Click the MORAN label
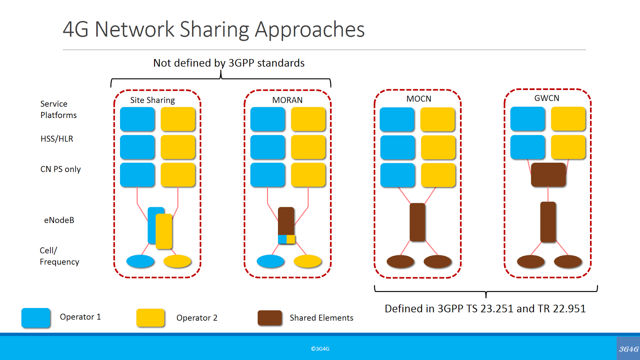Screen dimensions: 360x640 click(287, 100)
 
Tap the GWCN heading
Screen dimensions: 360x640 click(546, 98)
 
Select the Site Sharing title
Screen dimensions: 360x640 click(152, 100)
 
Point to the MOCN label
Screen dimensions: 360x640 click(418, 99)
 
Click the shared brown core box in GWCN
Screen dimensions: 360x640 click(548, 175)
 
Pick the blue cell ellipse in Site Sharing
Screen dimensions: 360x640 click(140, 261)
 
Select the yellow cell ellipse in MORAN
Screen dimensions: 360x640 click(307, 261)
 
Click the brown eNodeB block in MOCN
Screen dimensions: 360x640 click(417, 222)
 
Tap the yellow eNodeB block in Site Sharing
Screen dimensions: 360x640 click(164, 231)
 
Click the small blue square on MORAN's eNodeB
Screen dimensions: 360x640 click(282, 239)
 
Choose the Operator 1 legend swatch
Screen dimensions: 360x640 click(36, 318)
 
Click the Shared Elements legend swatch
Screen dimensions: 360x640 click(270, 318)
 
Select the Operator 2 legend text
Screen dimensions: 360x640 click(197, 318)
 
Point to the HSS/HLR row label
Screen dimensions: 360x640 click(57, 139)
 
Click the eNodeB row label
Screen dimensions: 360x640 click(59, 220)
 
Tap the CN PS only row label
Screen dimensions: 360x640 click(60, 169)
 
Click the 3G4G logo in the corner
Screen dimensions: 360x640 click(628, 349)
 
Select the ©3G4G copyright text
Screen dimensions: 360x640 click(320, 349)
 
